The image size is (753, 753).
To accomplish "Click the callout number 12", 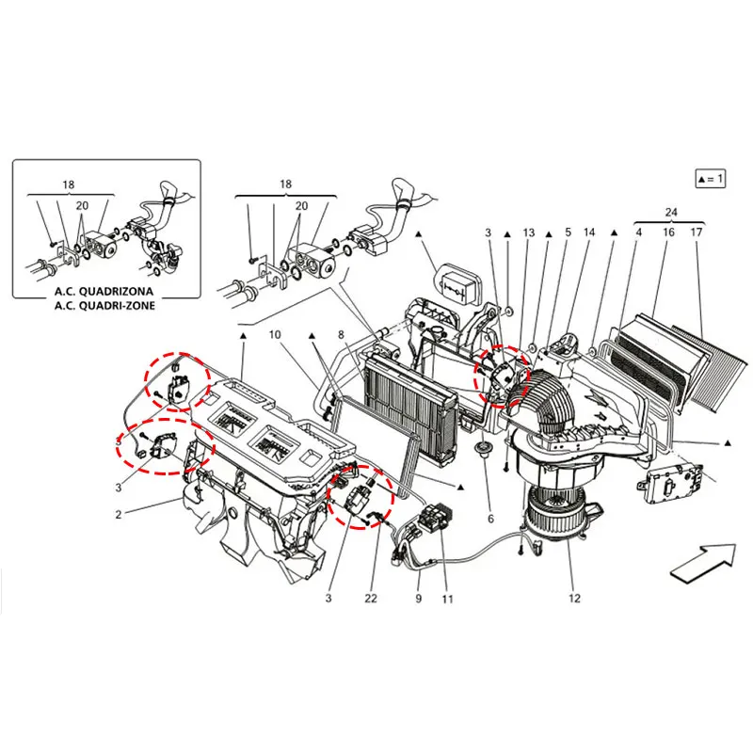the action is click(x=574, y=598).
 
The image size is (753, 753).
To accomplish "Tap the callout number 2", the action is click(x=119, y=514).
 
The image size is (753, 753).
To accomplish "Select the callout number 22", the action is click(x=372, y=598).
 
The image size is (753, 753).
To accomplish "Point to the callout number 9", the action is click(x=417, y=598).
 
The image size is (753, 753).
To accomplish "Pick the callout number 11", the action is click(x=446, y=598).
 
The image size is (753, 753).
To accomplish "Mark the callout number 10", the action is click(x=274, y=334).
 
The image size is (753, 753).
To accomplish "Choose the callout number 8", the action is click(x=341, y=334).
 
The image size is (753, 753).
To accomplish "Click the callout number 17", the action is click(x=697, y=232).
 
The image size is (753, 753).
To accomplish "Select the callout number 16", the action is click(x=668, y=232).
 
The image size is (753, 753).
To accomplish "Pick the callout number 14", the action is click(x=589, y=232).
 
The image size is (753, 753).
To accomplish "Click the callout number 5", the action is click(x=568, y=232).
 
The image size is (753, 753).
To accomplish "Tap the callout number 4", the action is click(x=637, y=232).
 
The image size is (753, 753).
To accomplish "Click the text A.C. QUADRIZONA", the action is click(x=104, y=292).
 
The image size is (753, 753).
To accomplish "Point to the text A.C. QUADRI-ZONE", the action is click(x=104, y=305).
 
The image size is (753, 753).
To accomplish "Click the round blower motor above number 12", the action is click(x=555, y=513).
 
